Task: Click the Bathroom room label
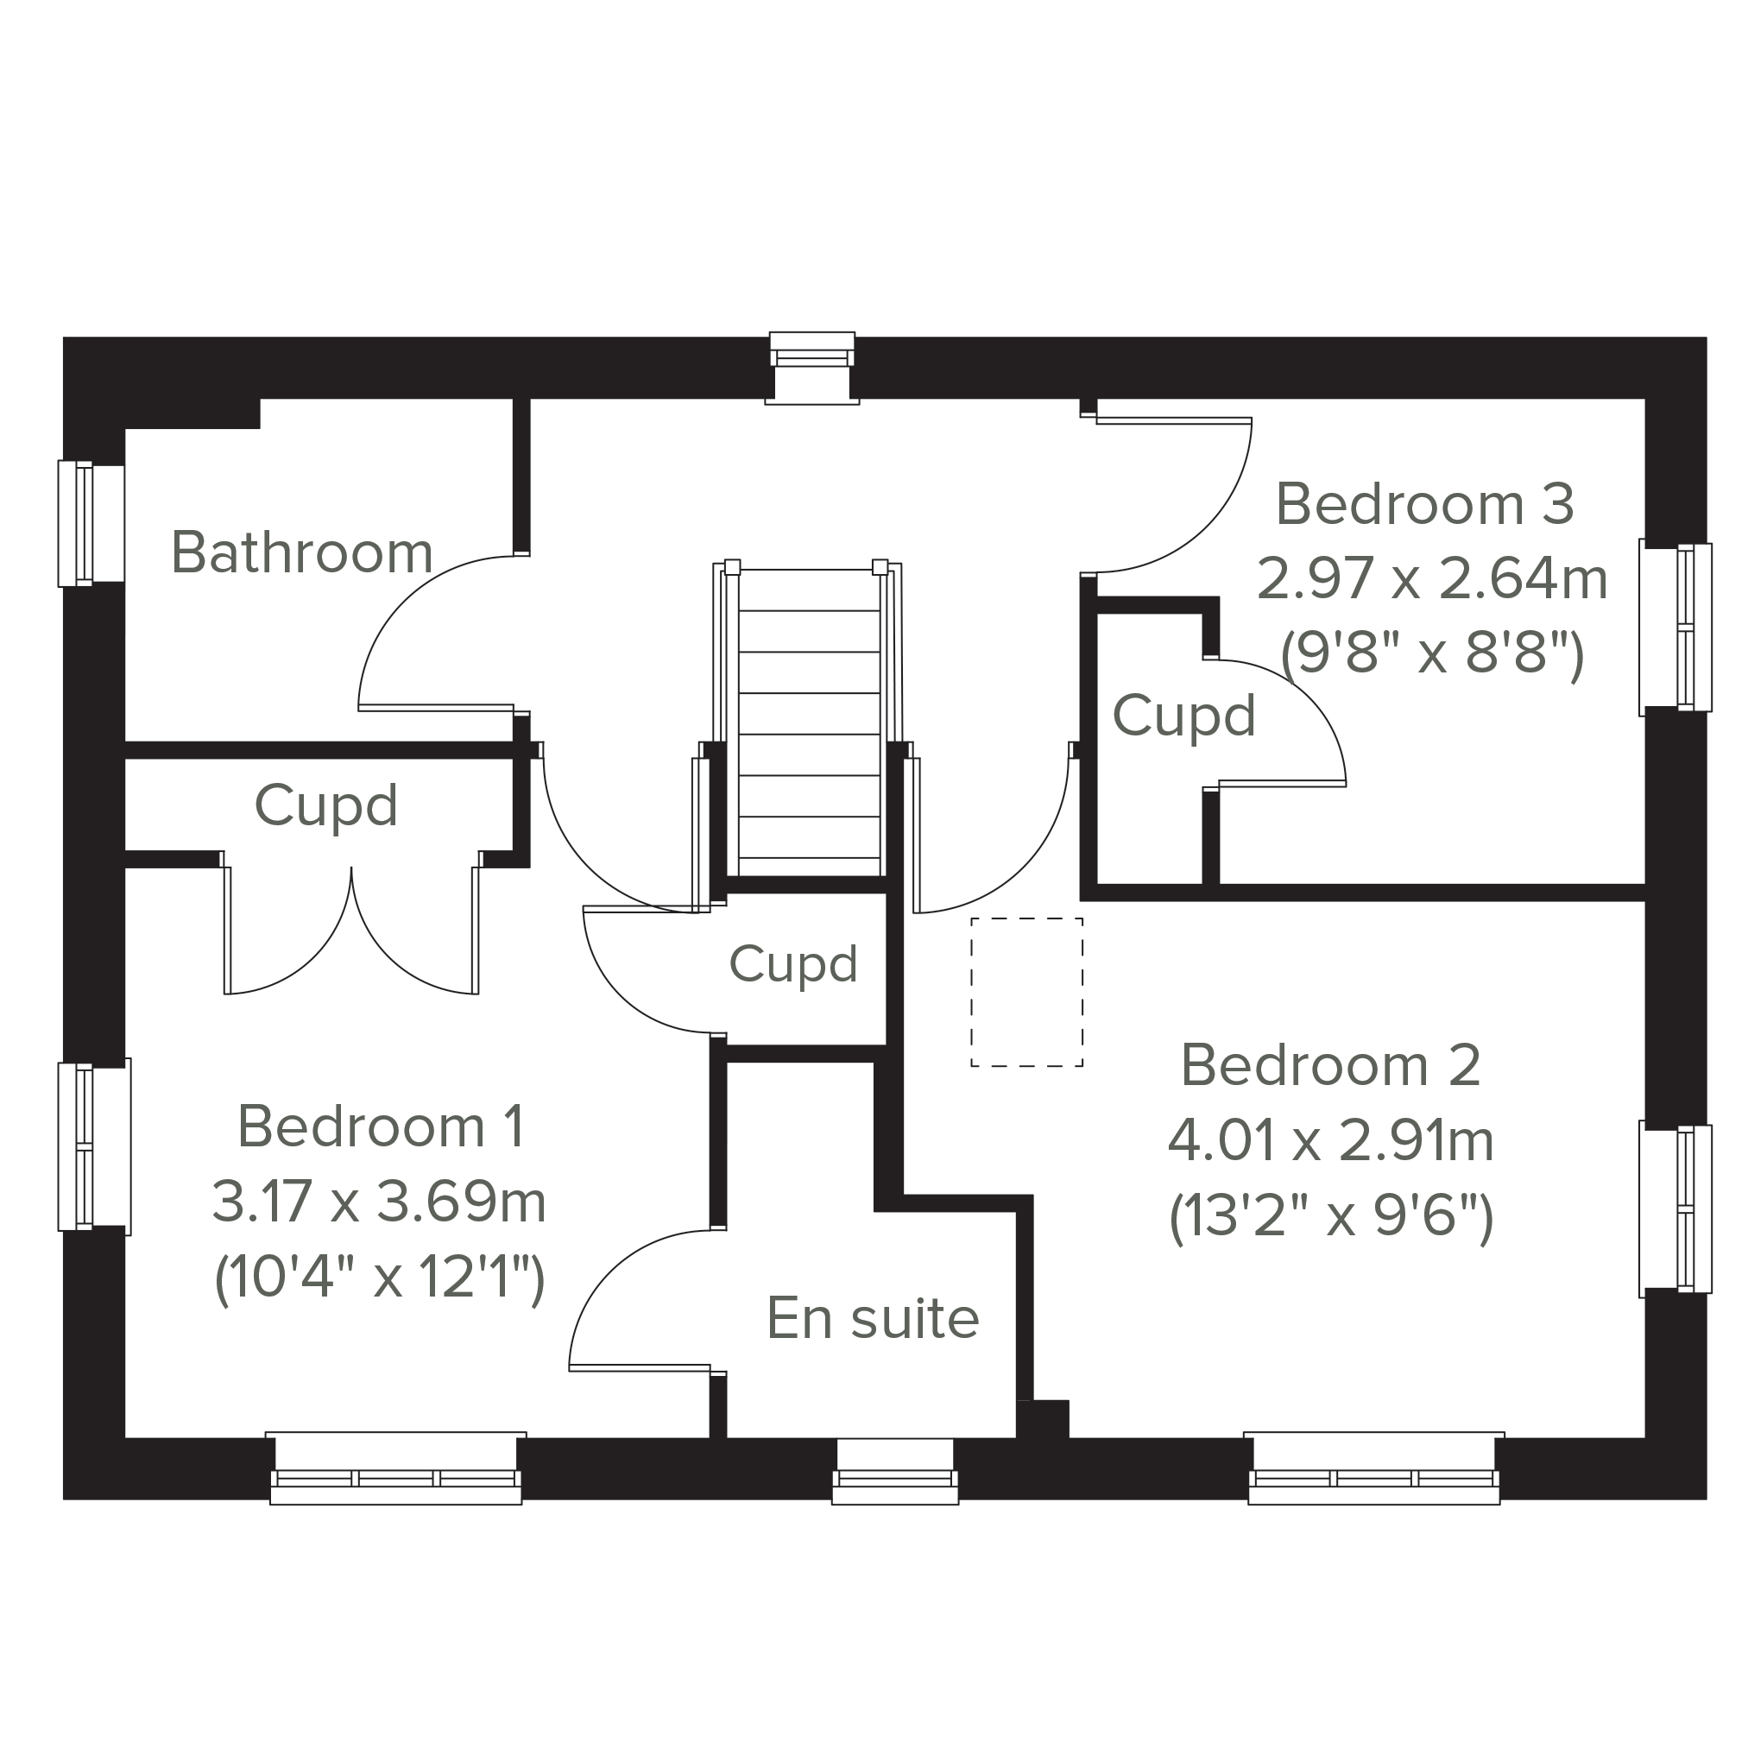point(302,552)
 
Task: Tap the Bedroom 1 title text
point(381,1127)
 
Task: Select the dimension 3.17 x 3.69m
point(379,1202)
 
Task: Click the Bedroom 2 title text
point(1331,1066)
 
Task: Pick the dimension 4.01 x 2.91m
point(1331,1141)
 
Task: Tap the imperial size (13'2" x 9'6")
point(1331,1218)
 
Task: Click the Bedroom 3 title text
point(1425,504)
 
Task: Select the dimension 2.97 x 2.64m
point(1432,579)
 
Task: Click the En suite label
point(873,1318)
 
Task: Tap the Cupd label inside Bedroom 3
point(1184,716)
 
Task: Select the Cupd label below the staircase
point(793,964)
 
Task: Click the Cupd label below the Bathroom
point(326,805)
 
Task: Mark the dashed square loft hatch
point(1027,993)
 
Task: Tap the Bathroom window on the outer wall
point(92,524)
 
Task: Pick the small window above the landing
point(811,368)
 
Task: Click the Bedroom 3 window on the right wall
point(1675,627)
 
